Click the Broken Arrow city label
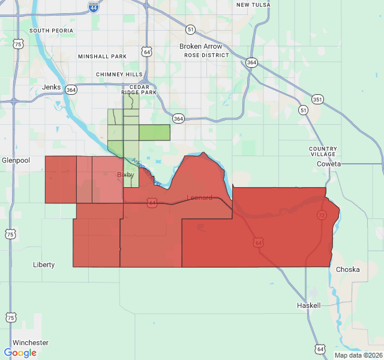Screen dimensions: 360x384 pos(200,46)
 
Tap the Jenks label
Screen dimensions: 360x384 pos(52,87)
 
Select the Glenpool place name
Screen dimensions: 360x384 pos(11,160)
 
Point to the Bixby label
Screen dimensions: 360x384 pos(125,175)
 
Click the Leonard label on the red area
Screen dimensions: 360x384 pos(199,197)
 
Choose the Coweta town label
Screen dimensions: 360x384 pos(329,164)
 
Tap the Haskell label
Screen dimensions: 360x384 pos(308,305)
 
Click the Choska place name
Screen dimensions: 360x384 pos(348,269)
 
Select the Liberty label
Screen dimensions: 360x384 pos(44,265)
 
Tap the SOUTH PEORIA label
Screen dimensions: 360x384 pos(51,31)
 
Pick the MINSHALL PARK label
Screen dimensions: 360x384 pos(102,56)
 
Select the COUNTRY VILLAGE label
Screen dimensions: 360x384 pos(323,151)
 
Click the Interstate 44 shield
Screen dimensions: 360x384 pos(93,7)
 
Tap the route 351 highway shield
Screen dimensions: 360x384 pos(316,99)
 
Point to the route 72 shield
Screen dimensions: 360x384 pos(322,215)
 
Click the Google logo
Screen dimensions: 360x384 pos(20,353)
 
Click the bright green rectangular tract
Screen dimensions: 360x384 pos(154,133)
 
